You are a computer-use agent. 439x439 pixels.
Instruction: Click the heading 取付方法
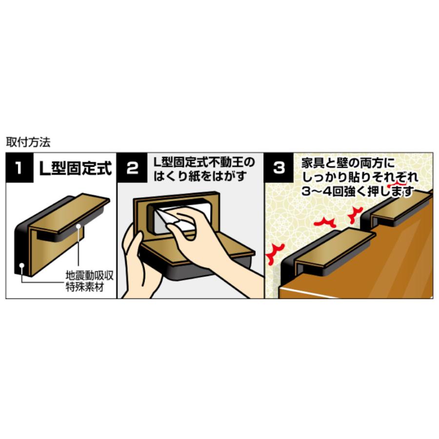(28, 142)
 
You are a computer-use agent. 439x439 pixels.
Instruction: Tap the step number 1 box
(20, 168)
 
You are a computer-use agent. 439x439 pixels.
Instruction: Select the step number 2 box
(132, 168)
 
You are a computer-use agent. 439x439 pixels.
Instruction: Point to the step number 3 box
(279, 168)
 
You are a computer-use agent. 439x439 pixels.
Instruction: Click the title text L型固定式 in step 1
(76, 168)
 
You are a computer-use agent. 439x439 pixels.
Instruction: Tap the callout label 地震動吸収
(90, 276)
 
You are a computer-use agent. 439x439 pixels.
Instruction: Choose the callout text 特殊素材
(85, 287)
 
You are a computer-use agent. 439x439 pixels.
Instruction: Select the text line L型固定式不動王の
(204, 162)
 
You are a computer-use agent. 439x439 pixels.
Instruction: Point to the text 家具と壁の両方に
(348, 163)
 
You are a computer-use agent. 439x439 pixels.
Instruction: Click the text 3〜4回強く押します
(358, 192)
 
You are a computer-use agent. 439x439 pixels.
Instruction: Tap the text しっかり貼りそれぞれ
(360, 178)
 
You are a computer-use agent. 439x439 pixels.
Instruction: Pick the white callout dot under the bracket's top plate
(79, 225)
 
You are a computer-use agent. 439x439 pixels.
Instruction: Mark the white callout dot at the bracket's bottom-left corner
(21, 265)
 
